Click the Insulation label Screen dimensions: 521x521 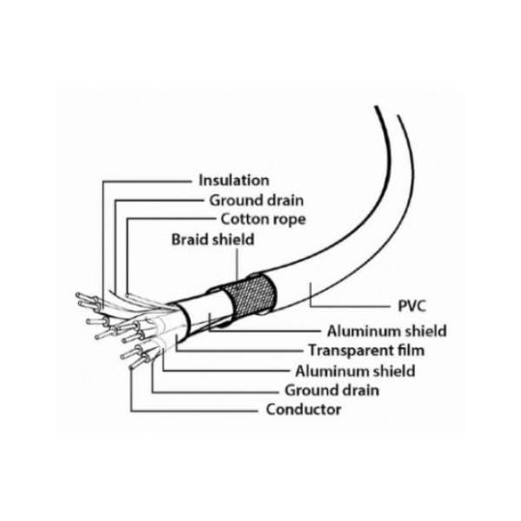point(234,181)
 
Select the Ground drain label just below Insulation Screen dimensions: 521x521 point(256,201)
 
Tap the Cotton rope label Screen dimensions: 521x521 point(263,220)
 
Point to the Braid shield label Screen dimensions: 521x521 point(213,240)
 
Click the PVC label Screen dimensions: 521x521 point(412,306)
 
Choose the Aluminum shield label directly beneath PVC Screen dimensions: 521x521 point(386,331)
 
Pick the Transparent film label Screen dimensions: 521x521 point(366,350)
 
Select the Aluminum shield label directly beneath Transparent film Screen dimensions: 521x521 point(355,371)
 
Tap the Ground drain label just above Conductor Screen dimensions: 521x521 point(332,390)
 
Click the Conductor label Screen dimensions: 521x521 point(303,409)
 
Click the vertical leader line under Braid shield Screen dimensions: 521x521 point(237,264)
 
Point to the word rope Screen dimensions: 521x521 point(289,221)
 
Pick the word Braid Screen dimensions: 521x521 point(189,240)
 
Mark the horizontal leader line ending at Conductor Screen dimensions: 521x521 point(194,411)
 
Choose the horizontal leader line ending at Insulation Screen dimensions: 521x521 point(147,181)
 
